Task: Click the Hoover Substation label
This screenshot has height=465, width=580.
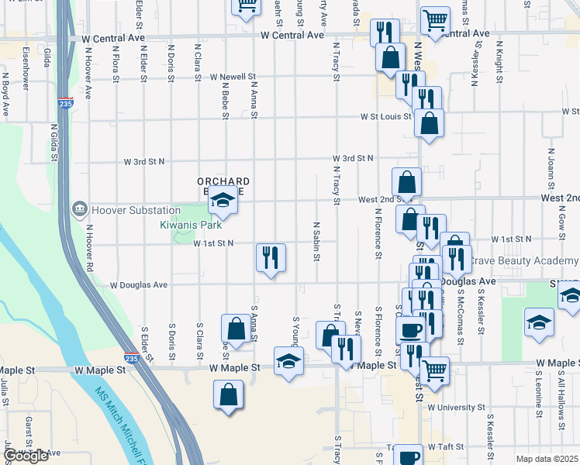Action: pyautogui.click(x=136, y=210)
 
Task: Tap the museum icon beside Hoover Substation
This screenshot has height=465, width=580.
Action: pyautogui.click(x=79, y=209)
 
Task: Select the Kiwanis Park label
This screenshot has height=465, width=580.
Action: pyautogui.click(x=191, y=225)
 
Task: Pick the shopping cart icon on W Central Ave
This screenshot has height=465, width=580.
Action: pyautogui.click(x=436, y=20)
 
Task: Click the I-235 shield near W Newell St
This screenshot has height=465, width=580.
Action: pyautogui.click(x=65, y=102)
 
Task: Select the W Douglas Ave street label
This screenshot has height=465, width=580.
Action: pyautogui.click(x=139, y=285)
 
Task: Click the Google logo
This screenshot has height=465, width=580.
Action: pyautogui.click(x=26, y=456)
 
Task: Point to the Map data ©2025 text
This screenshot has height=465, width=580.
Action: pyautogui.click(x=546, y=459)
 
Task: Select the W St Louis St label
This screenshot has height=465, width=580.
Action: pyautogui.click(x=384, y=117)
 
